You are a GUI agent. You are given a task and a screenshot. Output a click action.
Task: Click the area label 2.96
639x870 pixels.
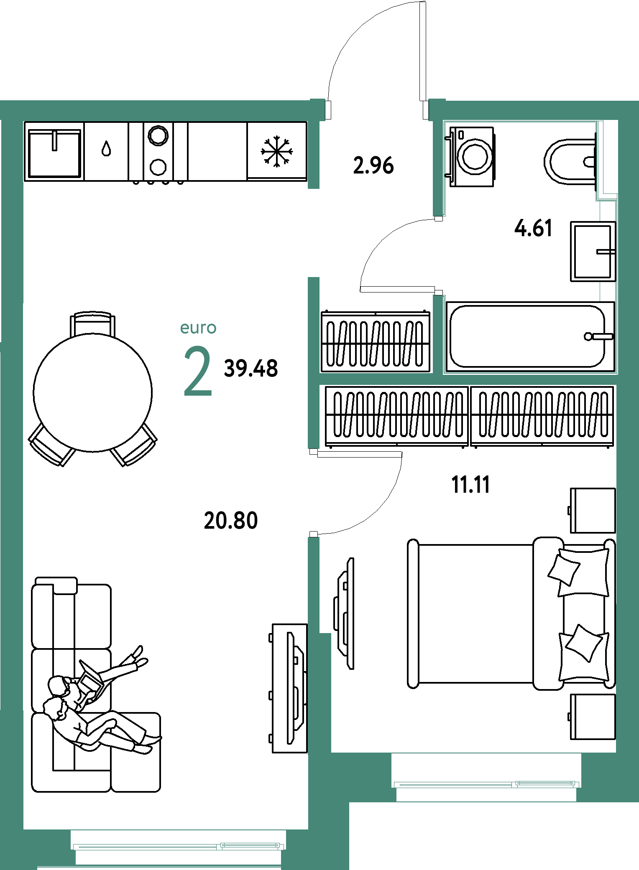coord(373,165)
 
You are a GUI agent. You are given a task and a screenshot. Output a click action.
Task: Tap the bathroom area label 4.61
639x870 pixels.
coord(533,228)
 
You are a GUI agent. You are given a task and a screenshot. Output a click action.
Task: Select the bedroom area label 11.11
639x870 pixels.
coord(470,485)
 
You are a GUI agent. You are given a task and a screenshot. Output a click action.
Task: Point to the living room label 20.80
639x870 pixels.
coord(231,521)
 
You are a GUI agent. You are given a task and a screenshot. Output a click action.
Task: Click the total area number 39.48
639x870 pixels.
coord(251,369)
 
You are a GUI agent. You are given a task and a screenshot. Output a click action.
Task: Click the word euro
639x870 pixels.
coord(198,328)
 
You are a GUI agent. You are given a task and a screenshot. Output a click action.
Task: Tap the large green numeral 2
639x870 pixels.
coord(198,371)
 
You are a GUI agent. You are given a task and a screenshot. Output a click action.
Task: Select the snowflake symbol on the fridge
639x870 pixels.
coord(276,151)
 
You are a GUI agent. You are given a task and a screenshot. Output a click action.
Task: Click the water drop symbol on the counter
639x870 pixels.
coord(106,148)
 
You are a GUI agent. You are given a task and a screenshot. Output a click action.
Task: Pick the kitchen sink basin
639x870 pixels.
coord(54,153)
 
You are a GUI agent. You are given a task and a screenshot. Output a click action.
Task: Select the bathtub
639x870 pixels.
coord(530,337)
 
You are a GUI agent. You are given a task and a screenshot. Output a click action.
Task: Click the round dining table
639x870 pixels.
coord(93,392)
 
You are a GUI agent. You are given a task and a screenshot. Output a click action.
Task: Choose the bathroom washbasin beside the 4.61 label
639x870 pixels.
coord(593,252)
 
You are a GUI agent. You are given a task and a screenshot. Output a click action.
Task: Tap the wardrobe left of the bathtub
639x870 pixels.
coord(375,341)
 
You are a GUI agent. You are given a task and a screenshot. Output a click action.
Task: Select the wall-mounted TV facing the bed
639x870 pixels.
coord(345,613)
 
